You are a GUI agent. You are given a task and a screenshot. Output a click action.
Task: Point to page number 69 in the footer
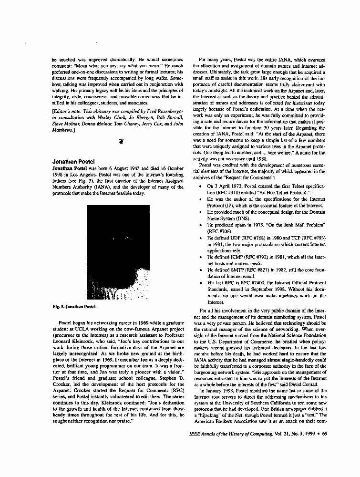coord(324,434)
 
